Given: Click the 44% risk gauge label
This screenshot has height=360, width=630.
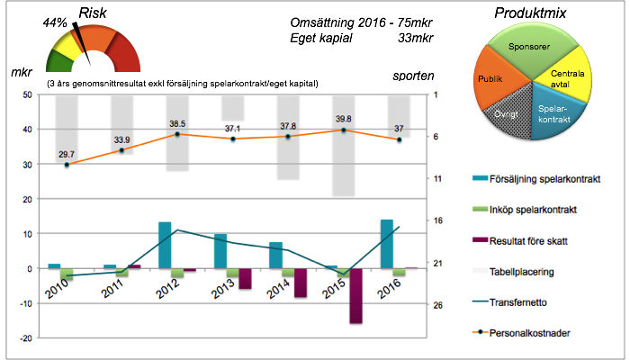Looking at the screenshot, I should [56, 21].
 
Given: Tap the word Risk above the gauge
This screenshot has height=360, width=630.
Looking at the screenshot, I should [97, 12].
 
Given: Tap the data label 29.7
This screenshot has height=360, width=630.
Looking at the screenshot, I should [67, 154].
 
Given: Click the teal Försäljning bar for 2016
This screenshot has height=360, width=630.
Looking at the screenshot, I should [387, 244].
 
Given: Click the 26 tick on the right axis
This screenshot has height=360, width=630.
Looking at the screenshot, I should [436, 305].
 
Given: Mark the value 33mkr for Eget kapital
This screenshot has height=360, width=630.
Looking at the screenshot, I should [415, 39].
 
